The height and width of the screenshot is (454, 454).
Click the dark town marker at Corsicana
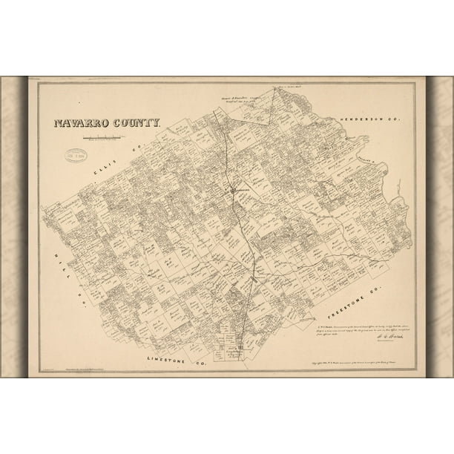coord(233,189)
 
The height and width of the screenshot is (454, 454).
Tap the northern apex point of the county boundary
coord(272,88)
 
